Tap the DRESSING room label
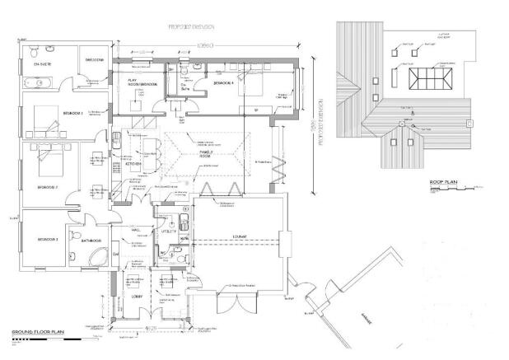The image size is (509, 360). [96, 60]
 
